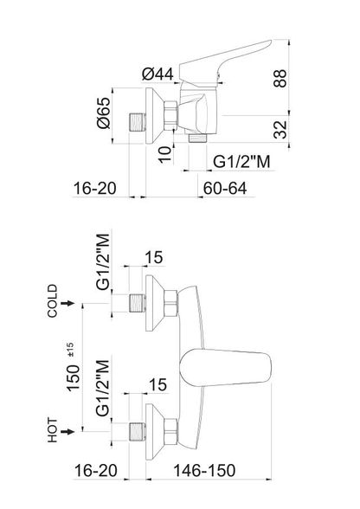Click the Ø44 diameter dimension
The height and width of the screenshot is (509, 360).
tap(158, 74)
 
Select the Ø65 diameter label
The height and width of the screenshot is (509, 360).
tap(104, 113)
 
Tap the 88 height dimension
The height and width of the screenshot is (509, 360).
tap(280, 78)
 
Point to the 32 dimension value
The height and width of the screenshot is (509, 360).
tap(280, 130)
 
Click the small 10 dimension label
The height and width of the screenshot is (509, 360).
tap(165, 154)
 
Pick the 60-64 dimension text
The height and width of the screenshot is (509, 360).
tap(225, 189)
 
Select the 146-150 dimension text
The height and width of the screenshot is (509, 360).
tap(204, 470)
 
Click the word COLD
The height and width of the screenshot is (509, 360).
tap(52, 300)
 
